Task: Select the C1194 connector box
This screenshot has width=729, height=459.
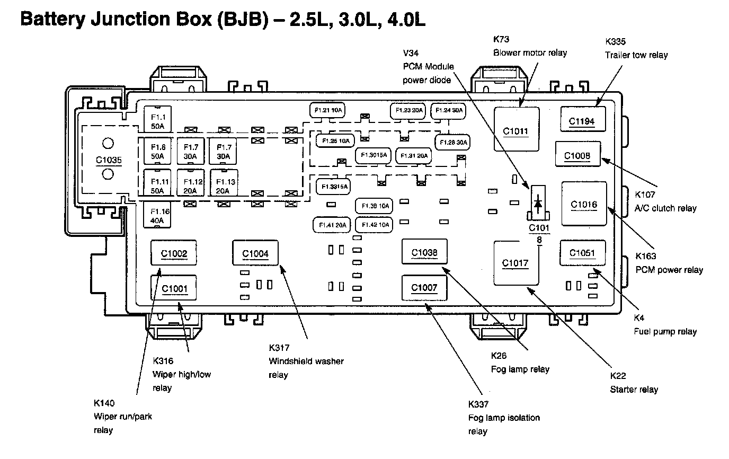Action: click(x=582, y=120)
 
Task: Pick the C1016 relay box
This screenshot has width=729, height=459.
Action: click(x=584, y=204)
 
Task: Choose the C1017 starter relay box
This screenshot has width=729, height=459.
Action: click(x=515, y=263)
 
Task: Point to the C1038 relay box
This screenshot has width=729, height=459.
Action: click(x=424, y=252)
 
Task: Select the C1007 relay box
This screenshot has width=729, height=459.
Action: click(x=424, y=287)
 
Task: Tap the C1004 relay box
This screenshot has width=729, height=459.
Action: click(x=255, y=253)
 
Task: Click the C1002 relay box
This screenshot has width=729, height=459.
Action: click(x=174, y=253)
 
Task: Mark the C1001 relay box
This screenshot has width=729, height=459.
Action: click(x=174, y=288)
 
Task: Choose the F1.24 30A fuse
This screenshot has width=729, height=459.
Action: click(x=449, y=110)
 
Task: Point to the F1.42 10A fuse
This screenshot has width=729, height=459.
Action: click(x=375, y=225)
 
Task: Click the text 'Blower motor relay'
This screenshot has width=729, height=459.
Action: click(x=530, y=52)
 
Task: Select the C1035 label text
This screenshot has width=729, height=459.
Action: click(x=109, y=158)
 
